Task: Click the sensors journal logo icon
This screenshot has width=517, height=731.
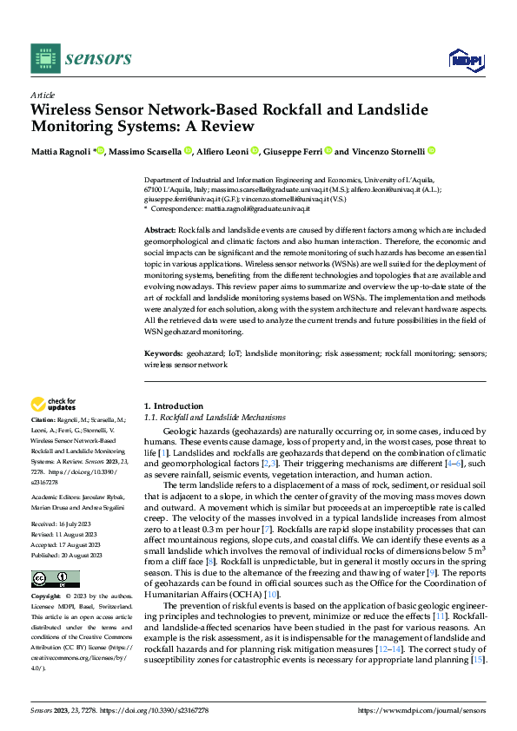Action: [44, 57]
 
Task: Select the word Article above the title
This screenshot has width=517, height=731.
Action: [43, 95]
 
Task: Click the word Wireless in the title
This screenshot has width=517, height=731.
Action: [63, 110]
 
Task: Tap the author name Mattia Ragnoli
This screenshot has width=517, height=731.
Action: [61, 151]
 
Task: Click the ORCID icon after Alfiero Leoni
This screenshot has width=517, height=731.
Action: [255, 151]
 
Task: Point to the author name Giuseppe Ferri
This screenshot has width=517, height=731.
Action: [293, 151]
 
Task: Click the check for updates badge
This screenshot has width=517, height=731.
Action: [53, 405]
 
